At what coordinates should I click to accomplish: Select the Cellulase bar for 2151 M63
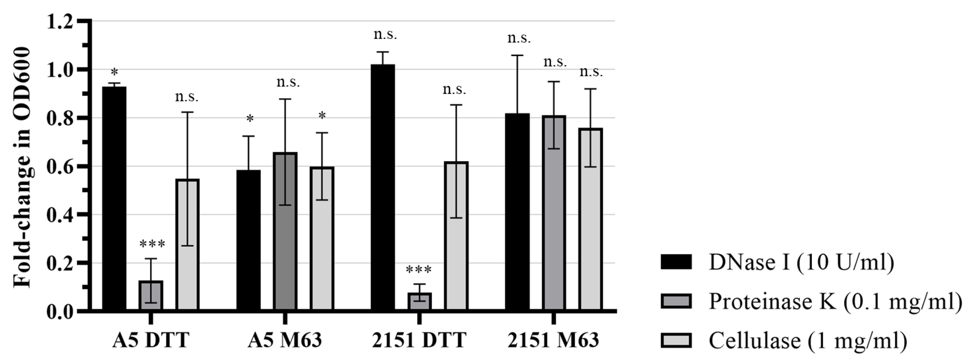[x=590, y=219]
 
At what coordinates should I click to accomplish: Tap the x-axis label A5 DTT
[x=150, y=340]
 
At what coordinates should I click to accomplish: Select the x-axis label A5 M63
[x=285, y=340]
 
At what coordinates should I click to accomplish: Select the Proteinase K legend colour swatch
[x=676, y=301]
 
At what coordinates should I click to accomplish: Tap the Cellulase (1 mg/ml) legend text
[x=808, y=340]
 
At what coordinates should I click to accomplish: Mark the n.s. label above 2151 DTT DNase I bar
[x=385, y=35]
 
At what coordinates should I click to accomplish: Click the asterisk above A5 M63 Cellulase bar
[x=322, y=115]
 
